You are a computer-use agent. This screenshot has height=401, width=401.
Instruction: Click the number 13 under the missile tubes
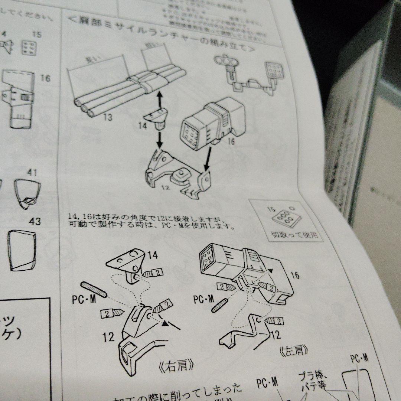tap(108, 118)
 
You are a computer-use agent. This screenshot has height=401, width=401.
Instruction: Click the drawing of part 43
tap(22, 250)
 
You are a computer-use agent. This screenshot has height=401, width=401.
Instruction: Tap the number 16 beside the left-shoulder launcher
tap(295, 275)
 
